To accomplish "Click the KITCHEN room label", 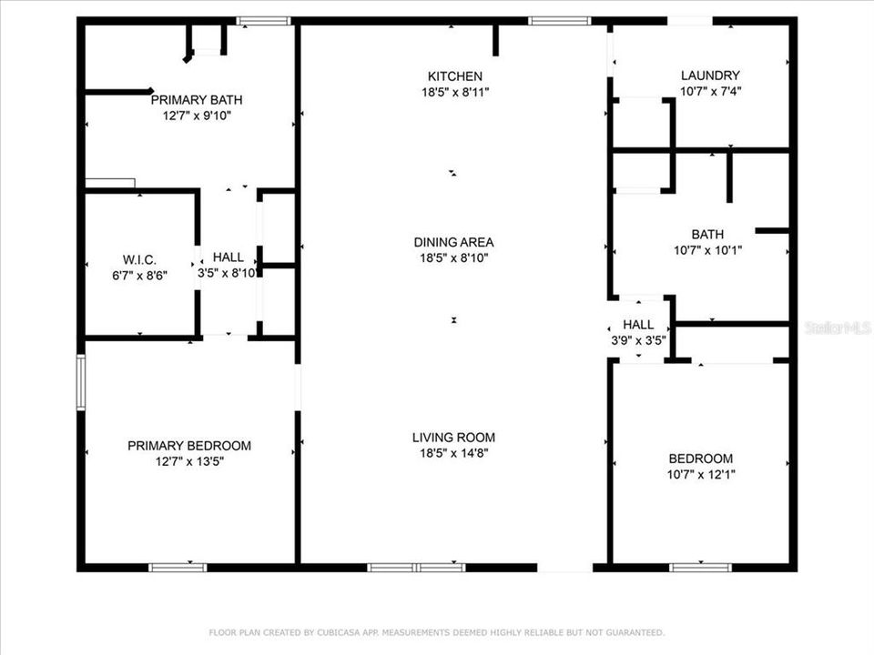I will click(x=455, y=76).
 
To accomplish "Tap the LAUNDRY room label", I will click(x=710, y=76).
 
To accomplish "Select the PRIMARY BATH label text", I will click(x=197, y=100).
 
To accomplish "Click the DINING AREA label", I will click(x=453, y=242).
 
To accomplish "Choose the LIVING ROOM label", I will click(x=453, y=438).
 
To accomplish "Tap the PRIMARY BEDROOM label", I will click(x=189, y=446).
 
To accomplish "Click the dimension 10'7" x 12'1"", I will click(x=700, y=475).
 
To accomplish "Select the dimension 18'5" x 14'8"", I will click(x=453, y=453).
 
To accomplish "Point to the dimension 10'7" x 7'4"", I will click(x=710, y=91).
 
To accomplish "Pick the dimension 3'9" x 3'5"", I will click(x=638, y=340).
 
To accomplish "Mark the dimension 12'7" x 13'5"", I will click(x=189, y=461).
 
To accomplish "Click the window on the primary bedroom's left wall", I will click(x=81, y=382).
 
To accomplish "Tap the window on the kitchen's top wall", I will click(x=560, y=20).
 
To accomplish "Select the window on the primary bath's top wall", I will click(x=264, y=20).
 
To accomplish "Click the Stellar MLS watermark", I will click(x=838, y=327).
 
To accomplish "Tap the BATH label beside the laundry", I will click(x=700, y=234).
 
